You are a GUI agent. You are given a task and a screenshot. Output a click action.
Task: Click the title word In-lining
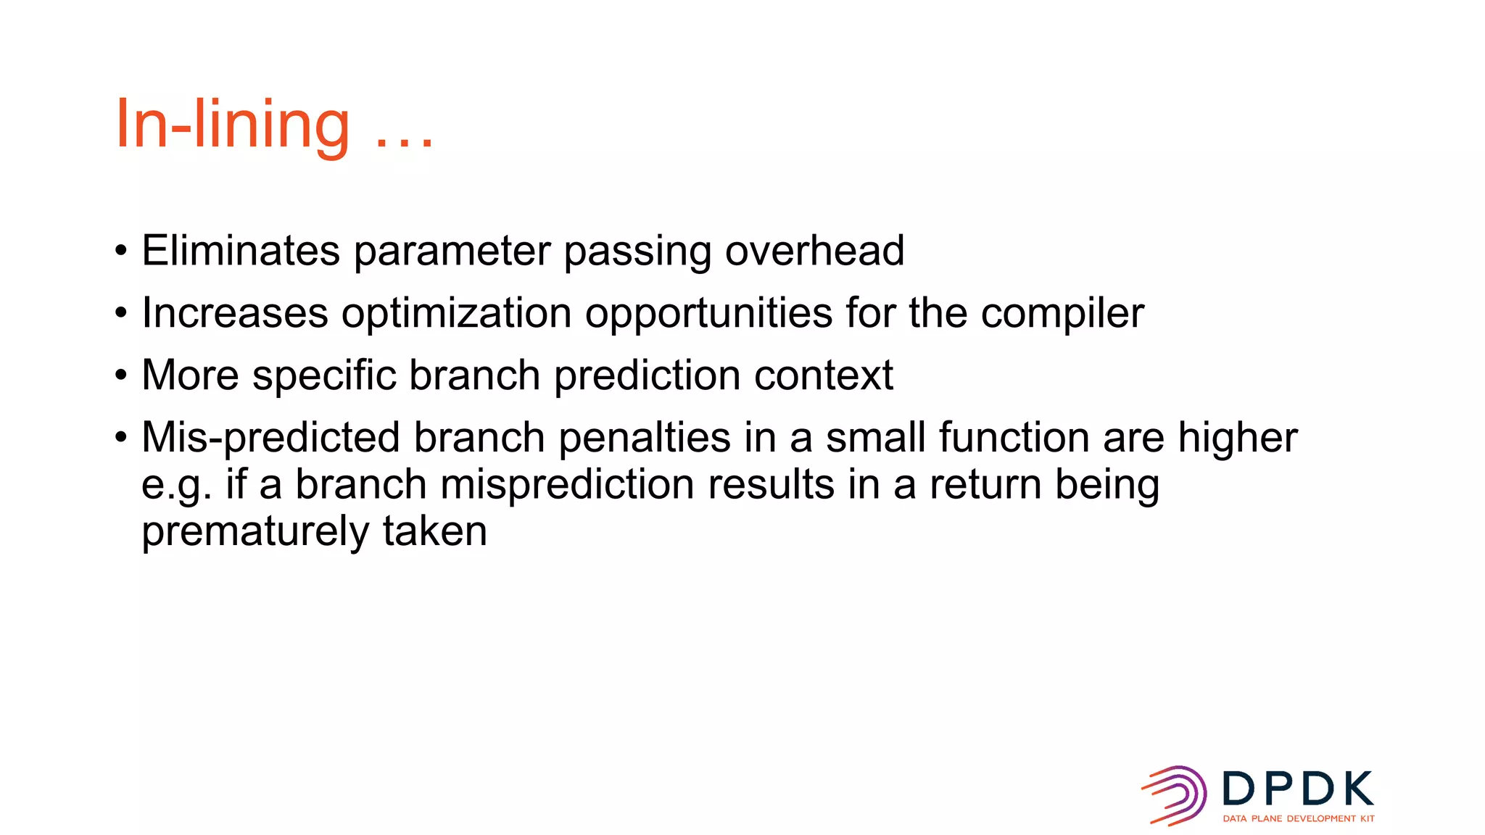click(232, 125)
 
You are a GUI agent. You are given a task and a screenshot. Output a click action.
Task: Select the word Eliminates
click(240, 251)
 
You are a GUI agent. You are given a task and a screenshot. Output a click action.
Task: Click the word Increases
click(235, 313)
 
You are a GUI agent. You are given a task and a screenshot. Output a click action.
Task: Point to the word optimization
click(457, 315)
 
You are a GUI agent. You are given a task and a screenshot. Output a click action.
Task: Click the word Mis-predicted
click(270, 439)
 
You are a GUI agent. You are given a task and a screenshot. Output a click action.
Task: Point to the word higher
click(1237, 438)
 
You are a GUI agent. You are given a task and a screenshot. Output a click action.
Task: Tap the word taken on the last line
click(434, 531)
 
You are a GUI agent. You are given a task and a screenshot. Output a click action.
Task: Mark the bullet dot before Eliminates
click(121, 252)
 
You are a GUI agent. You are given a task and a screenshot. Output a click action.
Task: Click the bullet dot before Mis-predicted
click(121, 438)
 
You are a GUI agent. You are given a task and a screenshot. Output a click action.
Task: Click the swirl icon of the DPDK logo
click(1175, 795)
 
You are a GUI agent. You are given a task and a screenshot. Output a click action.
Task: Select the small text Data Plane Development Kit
click(1298, 818)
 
